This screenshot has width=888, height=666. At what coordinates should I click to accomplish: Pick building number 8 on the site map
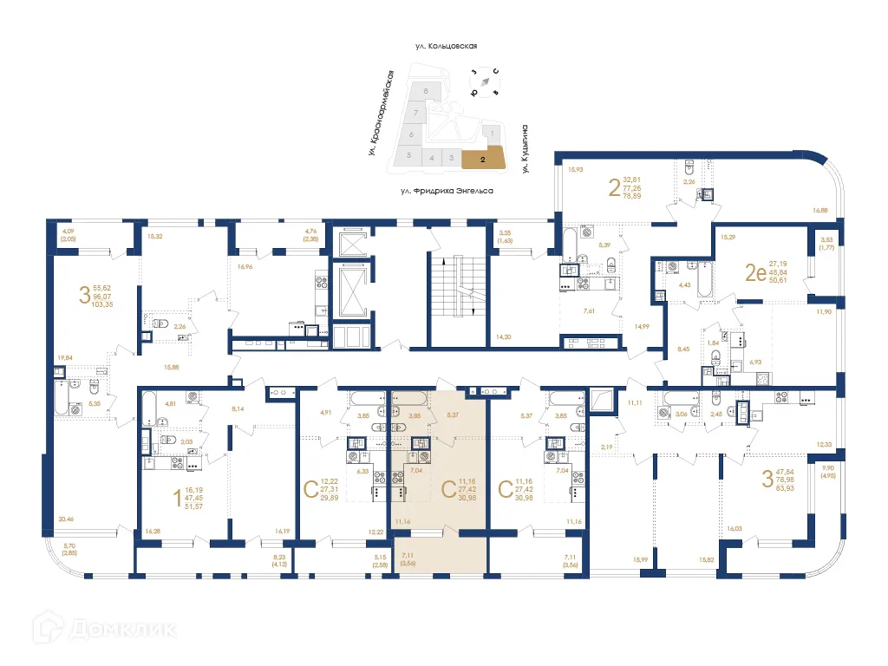[425, 91]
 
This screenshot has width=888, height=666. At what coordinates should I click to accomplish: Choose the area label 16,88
[820, 209]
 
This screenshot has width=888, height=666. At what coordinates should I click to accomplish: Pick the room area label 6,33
[362, 473]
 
